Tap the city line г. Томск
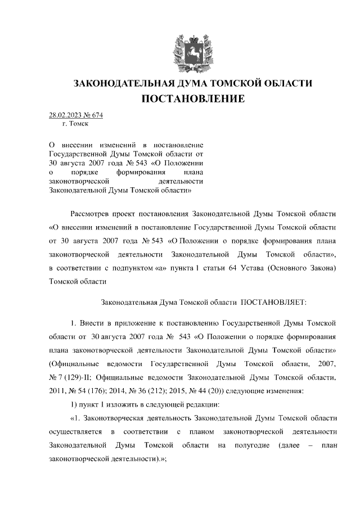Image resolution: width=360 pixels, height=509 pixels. (x=73, y=125)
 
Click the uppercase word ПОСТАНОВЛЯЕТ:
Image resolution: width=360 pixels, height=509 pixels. (x=273, y=302)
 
